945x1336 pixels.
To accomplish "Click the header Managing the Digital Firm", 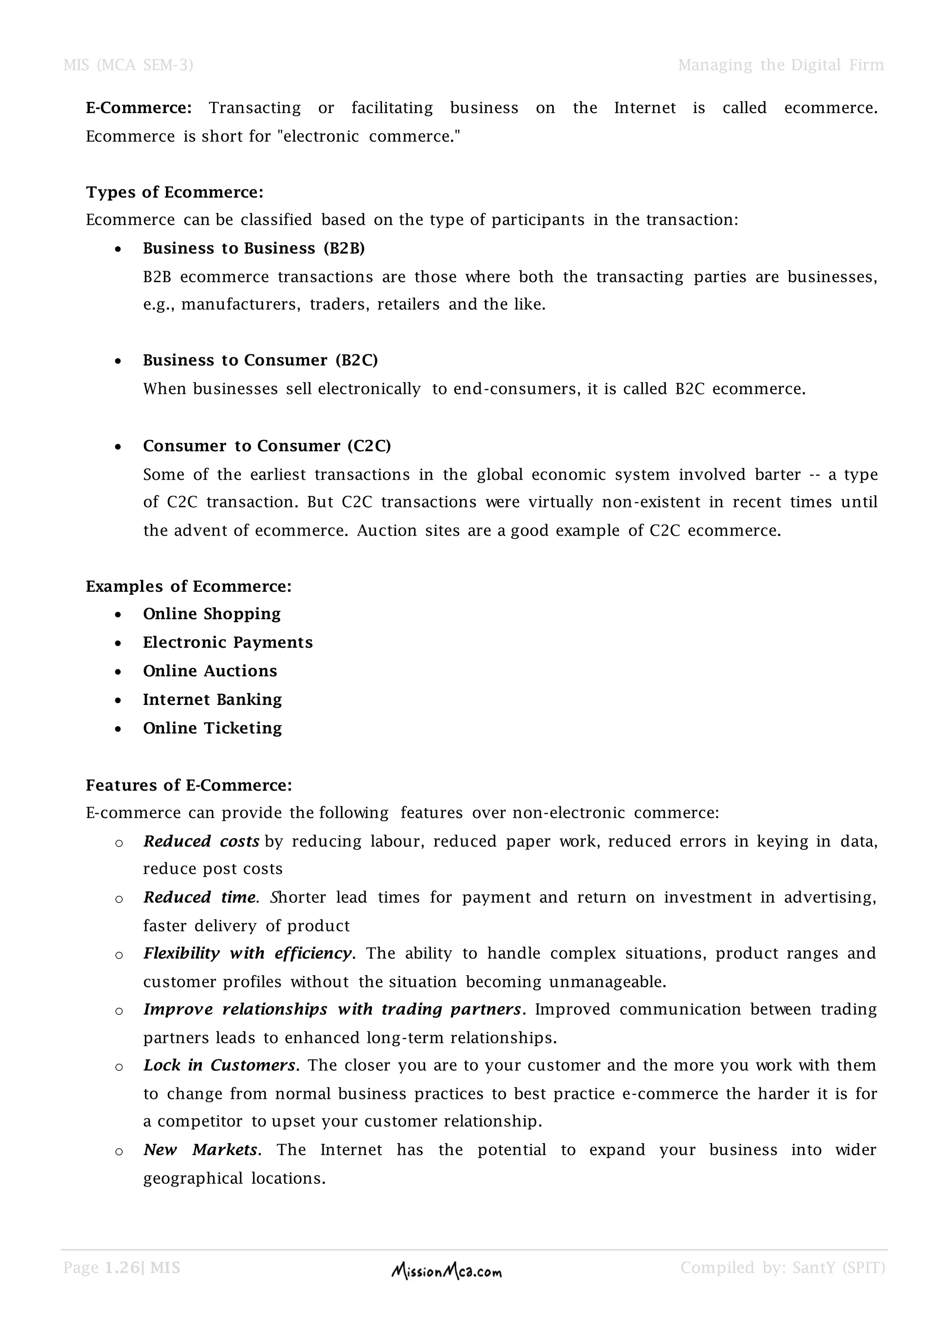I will click(780, 65).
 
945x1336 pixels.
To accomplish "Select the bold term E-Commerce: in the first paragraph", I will click(138, 108).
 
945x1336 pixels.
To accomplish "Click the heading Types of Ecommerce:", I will click(174, 192).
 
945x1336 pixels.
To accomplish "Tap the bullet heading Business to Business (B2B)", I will click(254, 249).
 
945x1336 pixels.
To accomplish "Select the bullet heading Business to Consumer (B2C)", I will click(260, 360).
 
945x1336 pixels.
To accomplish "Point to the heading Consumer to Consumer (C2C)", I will click(267, 446).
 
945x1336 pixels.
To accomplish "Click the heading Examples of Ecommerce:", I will click(189, 586).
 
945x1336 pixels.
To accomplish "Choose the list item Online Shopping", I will click(212, 614).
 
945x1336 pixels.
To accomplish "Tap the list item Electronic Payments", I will click(227, 643).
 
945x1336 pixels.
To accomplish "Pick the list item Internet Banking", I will click(212, 699).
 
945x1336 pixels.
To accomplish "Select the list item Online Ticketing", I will click(212, 728).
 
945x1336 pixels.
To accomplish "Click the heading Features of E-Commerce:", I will click(189, 786).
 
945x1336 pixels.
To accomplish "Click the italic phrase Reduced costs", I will click(201, 842).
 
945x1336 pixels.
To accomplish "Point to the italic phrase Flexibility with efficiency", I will click(247, 954).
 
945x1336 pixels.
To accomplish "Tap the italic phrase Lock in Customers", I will click(219, 1065).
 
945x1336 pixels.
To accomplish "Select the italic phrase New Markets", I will click(201, 1150).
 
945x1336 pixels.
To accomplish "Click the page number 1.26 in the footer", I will click(122, 1267).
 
